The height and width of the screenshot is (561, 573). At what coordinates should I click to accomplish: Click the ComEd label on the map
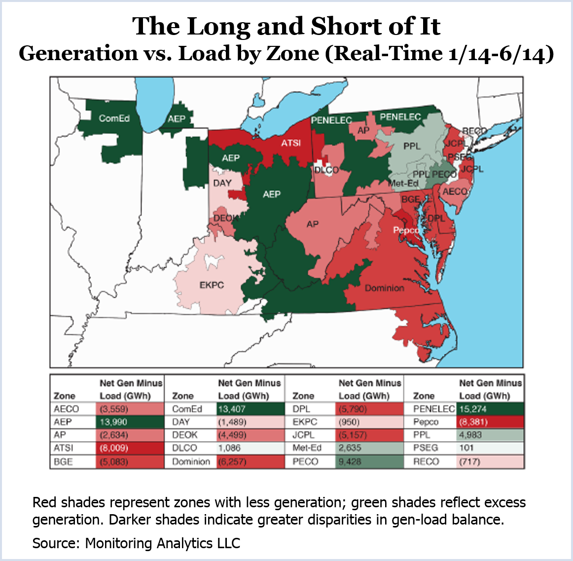coord(114,118)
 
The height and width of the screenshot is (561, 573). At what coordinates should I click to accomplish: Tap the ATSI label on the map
coord(291,143)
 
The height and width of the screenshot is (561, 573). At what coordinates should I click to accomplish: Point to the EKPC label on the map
coord(212,285)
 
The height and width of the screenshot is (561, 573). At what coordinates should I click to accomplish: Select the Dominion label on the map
coord(384,288)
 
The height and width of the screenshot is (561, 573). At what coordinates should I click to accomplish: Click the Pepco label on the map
coord(406,230)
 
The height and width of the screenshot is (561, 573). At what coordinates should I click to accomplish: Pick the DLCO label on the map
coord(326,170)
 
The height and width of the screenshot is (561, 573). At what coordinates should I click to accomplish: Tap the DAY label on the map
coord(222,183)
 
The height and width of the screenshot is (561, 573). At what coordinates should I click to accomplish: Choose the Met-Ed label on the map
coord(403,183)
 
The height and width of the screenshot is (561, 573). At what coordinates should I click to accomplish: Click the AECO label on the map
coord(455,191)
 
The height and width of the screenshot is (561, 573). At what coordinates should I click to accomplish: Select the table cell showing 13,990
coord(129,422)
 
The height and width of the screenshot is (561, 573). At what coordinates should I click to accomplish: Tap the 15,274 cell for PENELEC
coord(489,409)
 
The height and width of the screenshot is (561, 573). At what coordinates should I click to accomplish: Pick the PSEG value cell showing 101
coord(489,448)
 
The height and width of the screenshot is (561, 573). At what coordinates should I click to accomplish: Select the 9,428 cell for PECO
coord(369,462)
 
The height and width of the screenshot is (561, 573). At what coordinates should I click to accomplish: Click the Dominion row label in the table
coord(191,462)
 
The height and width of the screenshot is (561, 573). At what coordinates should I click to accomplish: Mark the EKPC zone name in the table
coord(304,422)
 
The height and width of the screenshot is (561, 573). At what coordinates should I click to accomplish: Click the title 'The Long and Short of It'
coord(286,26)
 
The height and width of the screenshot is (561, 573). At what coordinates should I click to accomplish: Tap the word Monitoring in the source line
coord(119,543)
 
